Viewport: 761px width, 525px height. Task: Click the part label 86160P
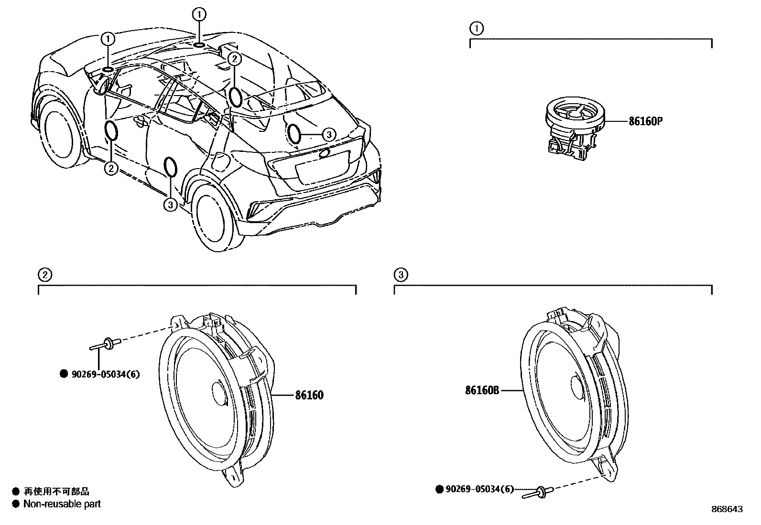pos(645,121)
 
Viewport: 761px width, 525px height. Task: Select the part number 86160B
pos(482,390)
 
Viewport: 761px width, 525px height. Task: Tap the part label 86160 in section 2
pos(309,395)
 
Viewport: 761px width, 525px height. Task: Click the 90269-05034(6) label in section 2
pos(105,375)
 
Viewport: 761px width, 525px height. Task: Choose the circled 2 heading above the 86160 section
pos(44,275)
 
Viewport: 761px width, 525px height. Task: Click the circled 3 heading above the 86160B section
pos(401,275)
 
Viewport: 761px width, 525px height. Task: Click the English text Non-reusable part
pos(62,504)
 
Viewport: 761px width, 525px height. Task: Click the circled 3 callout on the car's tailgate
pos(329,135)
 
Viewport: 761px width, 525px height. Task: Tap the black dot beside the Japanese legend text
pos(16,491)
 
